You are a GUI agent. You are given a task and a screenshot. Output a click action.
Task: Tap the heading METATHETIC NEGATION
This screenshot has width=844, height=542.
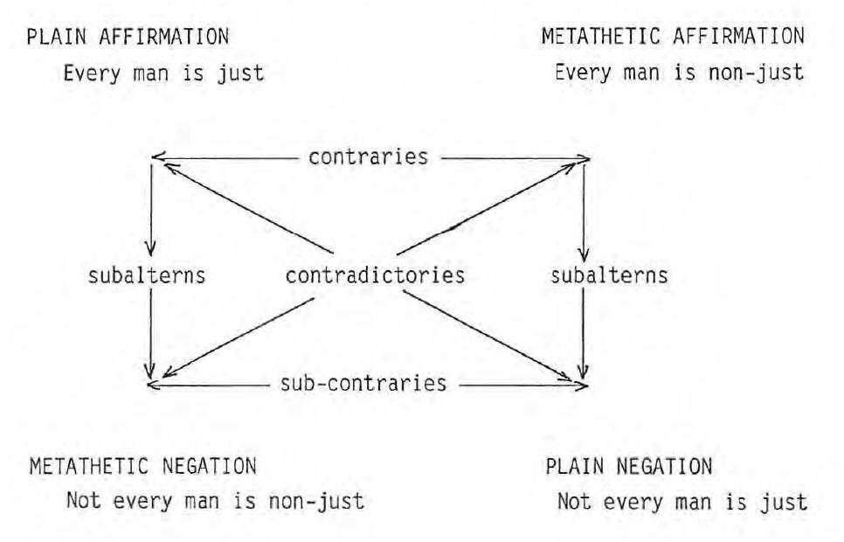[x=143, y=467]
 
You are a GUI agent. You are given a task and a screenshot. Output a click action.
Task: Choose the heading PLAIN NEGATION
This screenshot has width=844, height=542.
[x=628, y=467]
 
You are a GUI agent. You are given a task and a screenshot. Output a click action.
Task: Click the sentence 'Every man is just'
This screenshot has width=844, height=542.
[x=164, y=73]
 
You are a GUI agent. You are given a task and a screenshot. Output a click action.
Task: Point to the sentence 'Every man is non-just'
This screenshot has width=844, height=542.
[x=679, y=73]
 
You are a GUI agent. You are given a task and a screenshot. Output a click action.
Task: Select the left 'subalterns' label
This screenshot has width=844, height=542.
[x=147, y=275]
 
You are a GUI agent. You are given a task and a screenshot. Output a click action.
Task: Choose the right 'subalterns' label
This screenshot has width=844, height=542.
[x=610, y=275]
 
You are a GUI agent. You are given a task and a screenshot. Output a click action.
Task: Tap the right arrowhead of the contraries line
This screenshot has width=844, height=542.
[x=586, y=159]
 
